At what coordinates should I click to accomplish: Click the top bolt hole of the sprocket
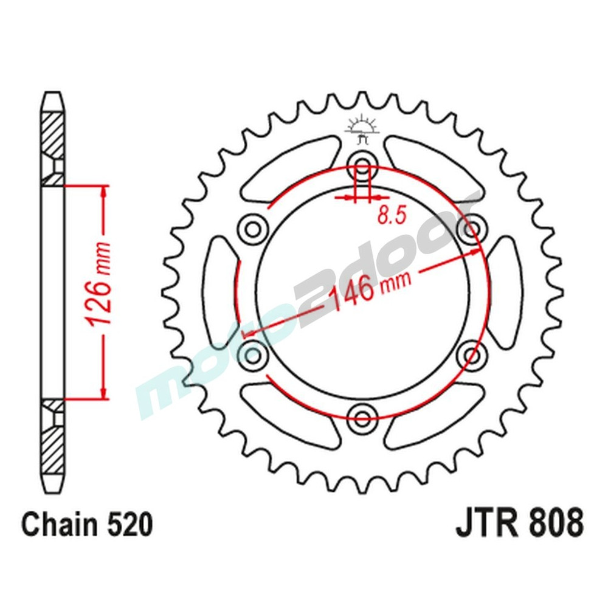[363, 165]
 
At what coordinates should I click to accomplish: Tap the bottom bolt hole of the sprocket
[363, 417]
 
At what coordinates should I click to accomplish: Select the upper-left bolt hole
[254, 229]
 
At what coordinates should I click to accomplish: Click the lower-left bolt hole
[254, 354]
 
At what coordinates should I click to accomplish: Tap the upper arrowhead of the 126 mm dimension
[104, 193]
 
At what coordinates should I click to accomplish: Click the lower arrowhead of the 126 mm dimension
[104, 392]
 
